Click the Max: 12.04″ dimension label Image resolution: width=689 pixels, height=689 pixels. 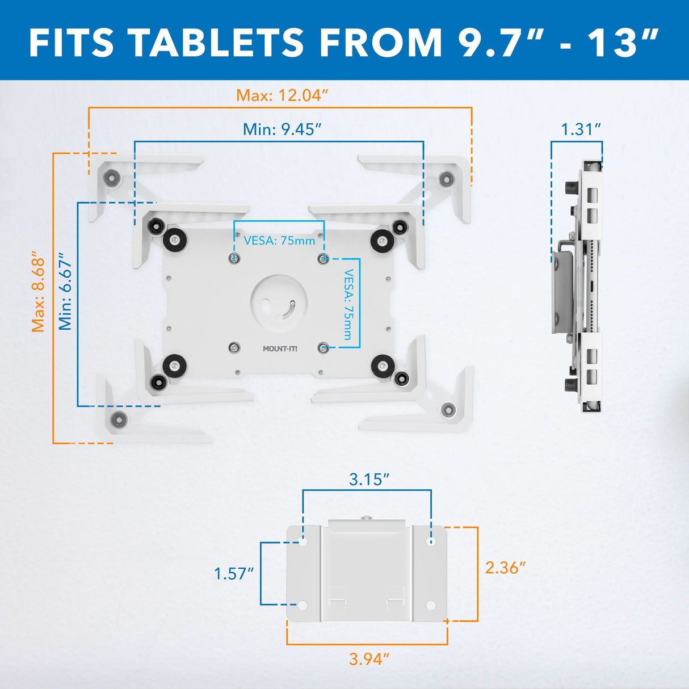tap(282, 95)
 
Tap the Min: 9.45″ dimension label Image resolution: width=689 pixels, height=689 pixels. tap(282, 129)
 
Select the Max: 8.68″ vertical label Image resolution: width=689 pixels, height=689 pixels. tap(39, 292)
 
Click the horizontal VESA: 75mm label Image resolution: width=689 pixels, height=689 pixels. tap(279, 241)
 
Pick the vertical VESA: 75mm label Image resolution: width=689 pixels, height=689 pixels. tap(348, 304)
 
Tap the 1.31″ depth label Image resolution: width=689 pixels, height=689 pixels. tap(581, 129)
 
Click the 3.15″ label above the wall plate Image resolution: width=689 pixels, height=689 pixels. tap(369, 480)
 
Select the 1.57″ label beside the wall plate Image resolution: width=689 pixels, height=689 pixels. tap(233, 574)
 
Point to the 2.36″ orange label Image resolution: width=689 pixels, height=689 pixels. tap(505, 568)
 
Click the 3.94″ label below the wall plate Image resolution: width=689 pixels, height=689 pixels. tap(369, 659)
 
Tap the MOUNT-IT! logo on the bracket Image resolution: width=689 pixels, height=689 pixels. tap(280, 348)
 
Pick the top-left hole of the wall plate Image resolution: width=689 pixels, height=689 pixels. tap(303, 541)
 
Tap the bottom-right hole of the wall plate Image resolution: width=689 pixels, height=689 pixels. tap(431, 606)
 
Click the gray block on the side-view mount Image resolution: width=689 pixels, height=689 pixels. tap(562, 292)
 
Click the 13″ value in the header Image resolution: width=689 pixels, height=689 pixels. tap(624, 43)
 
